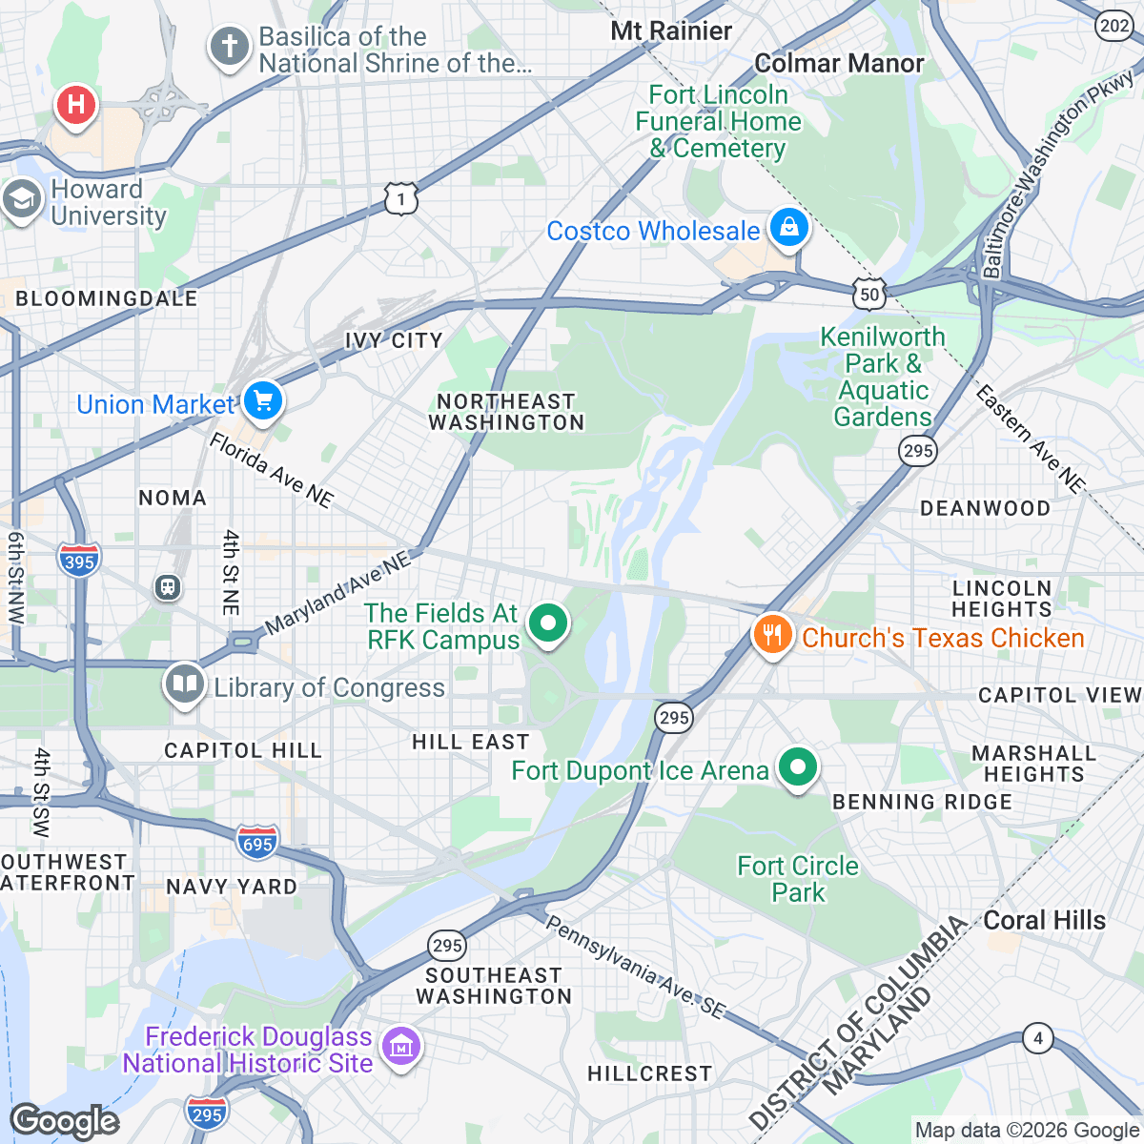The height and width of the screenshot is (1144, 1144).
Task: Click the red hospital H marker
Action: click(x=76, y=105)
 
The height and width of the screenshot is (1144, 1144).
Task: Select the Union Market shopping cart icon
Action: click(x=263, y=400)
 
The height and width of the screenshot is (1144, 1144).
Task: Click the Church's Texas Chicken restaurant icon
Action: click(x=772, y=634)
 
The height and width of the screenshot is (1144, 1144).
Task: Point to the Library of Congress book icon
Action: click(x=185, y=684)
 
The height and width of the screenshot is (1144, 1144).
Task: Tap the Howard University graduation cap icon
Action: click(x=21, y=200)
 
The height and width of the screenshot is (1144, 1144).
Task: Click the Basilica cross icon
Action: click(x=229, y=47)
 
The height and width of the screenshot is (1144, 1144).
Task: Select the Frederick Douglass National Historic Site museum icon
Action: click(x=400, y=1047)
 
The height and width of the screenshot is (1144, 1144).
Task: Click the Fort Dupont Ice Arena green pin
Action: click(x=798, y=767)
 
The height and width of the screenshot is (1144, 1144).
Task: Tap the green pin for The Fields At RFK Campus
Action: click(x=548, y=624)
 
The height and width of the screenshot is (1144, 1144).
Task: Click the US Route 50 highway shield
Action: click(x=869, y=295)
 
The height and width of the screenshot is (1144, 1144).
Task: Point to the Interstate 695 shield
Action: click(x=257, y=842)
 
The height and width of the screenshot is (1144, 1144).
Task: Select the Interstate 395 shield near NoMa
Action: click(x=78, y=560)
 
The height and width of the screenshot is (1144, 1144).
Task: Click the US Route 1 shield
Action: click(x=401, y=199)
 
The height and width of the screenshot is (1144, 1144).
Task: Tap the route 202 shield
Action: click(x=1114, y=26)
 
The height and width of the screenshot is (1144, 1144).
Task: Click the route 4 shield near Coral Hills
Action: click(x=1038, y=1037)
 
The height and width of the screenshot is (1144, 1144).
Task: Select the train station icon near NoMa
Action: click(x=168, y=587)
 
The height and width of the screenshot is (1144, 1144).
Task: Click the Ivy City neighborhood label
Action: click(x=394, y=340)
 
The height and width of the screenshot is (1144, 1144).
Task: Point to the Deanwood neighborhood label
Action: click(x=985, y=508)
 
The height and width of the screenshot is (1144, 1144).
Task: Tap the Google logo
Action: click(x=65, y=1121)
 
